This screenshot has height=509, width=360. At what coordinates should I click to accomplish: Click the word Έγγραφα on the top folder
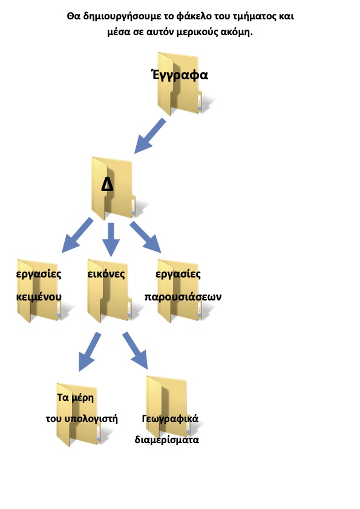pos(180,75)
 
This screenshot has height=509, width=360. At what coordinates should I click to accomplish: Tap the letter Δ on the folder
pos(108,185)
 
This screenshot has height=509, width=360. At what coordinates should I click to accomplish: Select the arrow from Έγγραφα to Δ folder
pos(150,135)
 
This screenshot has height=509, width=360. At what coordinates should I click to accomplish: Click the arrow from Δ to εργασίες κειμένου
pos(77,235)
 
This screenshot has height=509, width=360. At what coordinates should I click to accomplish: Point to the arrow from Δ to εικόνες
pos(111,240)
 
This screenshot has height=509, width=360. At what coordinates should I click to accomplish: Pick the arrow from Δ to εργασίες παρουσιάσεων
pos(146,236)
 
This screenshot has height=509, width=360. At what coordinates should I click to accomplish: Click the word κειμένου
pos(39,297)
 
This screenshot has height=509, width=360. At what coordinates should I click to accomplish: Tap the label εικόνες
pos(106,274)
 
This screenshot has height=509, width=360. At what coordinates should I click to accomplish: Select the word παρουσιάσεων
pos(183,297)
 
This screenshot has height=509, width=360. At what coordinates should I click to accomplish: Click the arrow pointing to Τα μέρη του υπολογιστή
pos(90,352)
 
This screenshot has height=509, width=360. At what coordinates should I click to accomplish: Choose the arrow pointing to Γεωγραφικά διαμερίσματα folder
pos(135,351)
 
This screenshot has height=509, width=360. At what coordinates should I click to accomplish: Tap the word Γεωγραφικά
pos(170,419)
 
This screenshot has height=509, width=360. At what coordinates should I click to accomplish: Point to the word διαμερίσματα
pos(166,440)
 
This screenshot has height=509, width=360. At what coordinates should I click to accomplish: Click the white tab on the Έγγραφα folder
pos(200,102)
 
